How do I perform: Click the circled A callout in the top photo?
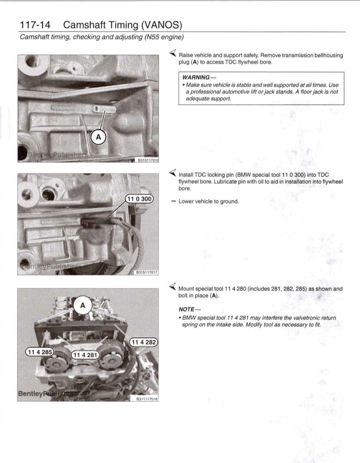[98, 136]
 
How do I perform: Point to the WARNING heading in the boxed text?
[196, 77]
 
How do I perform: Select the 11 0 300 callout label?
[139, 198]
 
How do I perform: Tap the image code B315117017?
[147, 273]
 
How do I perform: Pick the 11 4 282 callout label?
[143, 342]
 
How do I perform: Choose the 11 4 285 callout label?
[39, 352]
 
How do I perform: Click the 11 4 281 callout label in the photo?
[85, 355]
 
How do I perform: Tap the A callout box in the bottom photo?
[83, 306]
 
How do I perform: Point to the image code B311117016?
[147, 399]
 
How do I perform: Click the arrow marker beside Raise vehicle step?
[172, 54]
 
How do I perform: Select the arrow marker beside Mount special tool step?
[172, 287]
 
